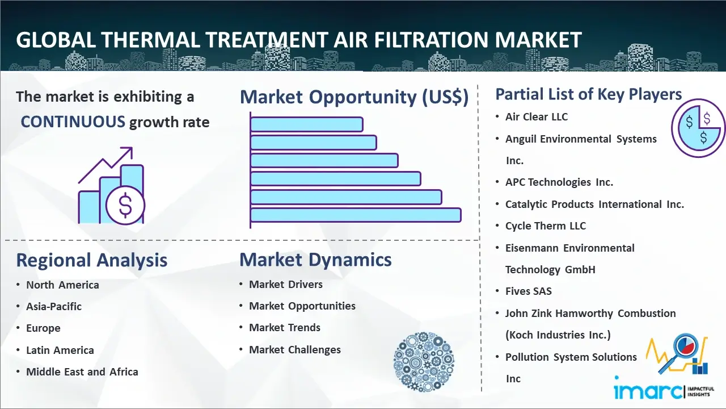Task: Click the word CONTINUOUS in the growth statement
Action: point(73,122)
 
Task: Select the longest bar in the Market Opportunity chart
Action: point(356,215)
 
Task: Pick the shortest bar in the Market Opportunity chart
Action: point(306,124)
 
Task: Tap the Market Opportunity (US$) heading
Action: point(354,97)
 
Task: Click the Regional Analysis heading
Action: point(91,260)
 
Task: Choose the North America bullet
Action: point(62,285)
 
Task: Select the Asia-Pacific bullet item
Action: point(54,307)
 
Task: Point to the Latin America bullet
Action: point(60,350)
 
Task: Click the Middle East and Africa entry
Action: point(82,372)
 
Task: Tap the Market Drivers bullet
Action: point(286,285)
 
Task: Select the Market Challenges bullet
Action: point(295,350)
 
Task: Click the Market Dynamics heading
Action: point(315,260)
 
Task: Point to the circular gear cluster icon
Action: point(423,362)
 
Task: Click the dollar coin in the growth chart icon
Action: point(125,205)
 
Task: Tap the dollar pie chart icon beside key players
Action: point(698,128)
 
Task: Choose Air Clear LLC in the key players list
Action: point(537,117)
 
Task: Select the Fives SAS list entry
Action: point(529,291)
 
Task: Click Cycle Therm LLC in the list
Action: point(546,226)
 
